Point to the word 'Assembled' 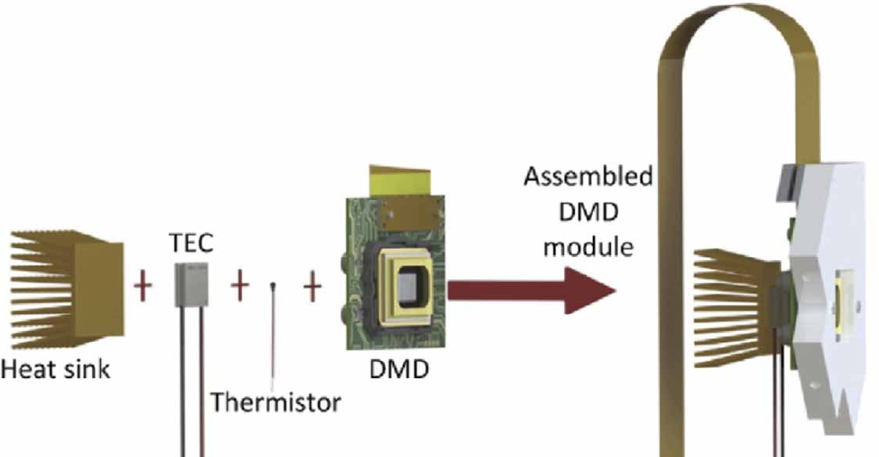point(588,177)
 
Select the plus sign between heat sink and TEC point(142,287)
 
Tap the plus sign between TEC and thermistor point(240,287)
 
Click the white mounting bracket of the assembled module point(820,234)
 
